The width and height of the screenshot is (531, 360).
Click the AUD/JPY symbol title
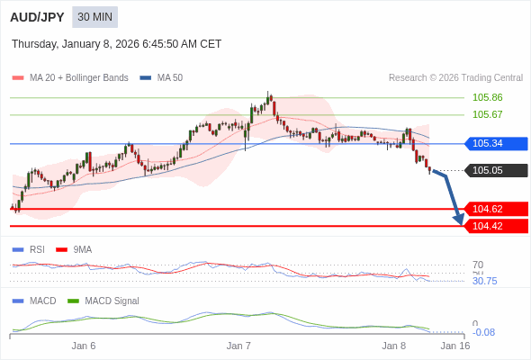point(36,17)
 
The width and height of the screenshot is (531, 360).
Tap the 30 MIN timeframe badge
point(94,17)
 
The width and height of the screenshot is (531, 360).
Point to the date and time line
point(116,44)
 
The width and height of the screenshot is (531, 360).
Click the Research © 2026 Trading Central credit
point(455,77)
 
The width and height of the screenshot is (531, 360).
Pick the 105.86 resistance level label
point(487,97)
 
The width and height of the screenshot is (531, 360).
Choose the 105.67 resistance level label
point(487,114)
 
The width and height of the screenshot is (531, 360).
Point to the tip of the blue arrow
point(461,223)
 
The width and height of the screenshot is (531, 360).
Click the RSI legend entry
point(37,249)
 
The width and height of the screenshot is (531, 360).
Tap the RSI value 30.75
point(484,281)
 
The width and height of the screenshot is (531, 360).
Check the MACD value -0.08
point(483,332)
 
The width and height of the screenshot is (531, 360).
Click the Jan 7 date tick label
point(238,346)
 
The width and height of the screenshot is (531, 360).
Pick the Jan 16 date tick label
point(454,346)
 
